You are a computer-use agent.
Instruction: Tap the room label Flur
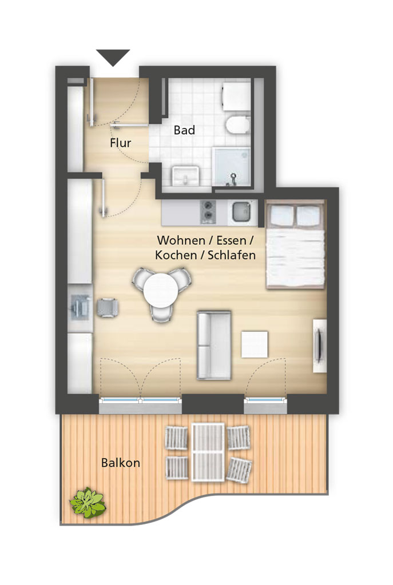tap(120, 143)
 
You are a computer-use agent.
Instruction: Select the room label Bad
tap(184, 130)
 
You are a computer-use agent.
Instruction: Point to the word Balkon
tap(121, 463)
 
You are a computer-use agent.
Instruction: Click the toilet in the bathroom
tap(238, 125)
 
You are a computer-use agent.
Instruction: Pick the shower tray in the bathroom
tap(232, 166)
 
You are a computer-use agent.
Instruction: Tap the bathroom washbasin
tap(185, 175)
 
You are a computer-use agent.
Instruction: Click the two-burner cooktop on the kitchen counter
tap(208, 212)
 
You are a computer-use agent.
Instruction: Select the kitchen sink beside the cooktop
tap(241, 211)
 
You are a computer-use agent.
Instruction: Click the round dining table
tap(161, 291)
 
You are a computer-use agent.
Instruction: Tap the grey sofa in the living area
tap(214, 345)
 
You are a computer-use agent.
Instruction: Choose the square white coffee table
tap(255, 344)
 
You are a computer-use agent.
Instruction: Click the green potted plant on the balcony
tap(88, 502)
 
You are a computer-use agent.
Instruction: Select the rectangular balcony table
tap(208, 452)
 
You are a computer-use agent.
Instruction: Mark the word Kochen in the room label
tap(176, 255)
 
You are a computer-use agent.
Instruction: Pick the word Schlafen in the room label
tap(232, 255)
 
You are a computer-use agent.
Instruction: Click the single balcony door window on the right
tap(265, 400)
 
